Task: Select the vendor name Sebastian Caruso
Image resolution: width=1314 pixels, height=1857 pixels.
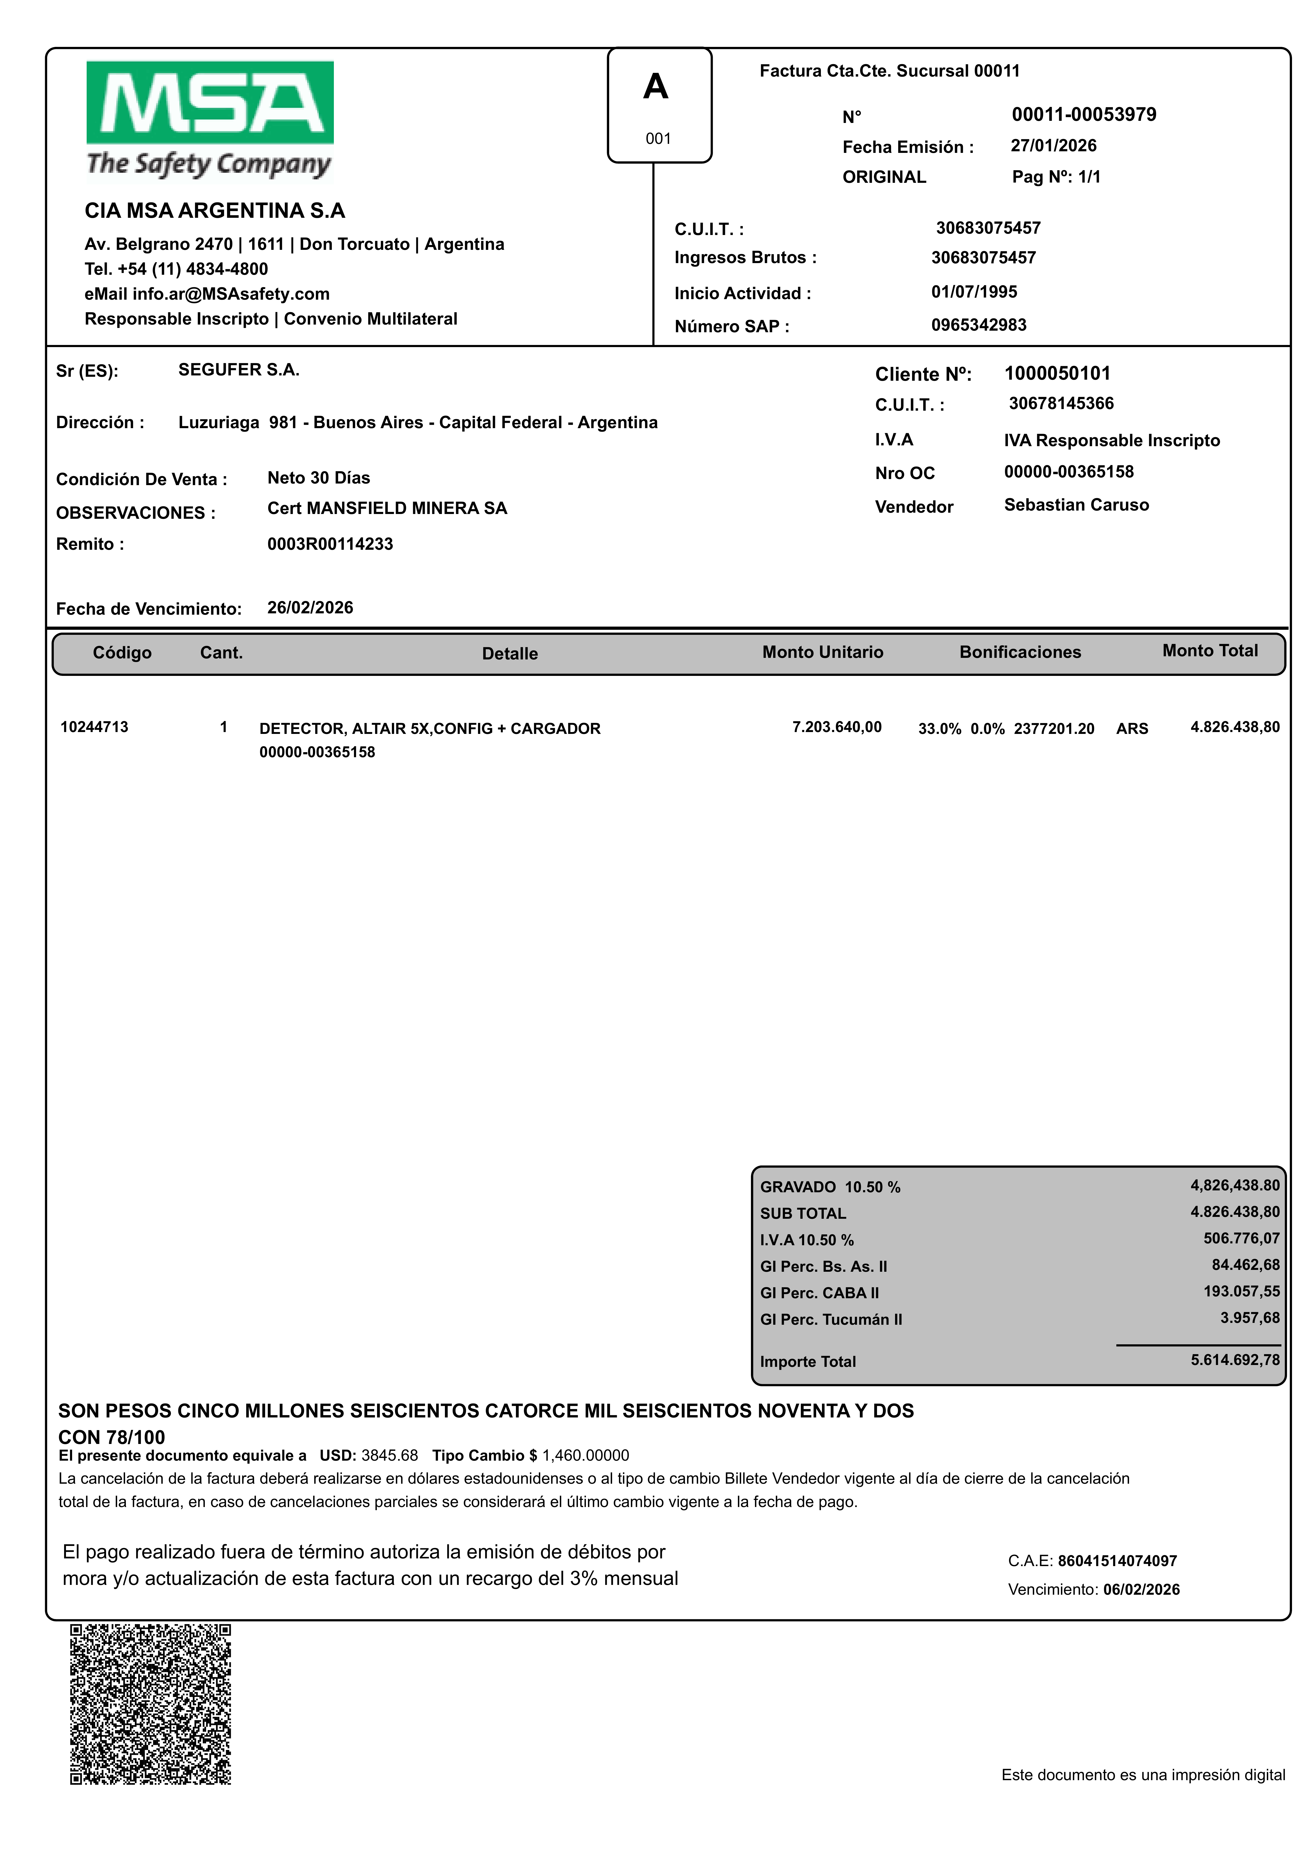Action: coord(1076,505)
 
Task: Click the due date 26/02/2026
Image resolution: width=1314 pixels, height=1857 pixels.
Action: coord(310,608)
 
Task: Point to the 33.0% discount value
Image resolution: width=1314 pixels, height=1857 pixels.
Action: coord(939,729)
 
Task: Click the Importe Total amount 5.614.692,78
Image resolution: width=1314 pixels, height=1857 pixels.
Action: coord(1235,1360)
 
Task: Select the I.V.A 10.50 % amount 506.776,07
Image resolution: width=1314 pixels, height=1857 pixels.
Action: coord(1241,1238)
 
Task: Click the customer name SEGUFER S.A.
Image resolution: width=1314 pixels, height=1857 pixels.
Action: coord(239,370)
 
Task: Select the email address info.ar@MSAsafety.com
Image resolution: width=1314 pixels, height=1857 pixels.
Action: coord(231,294)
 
